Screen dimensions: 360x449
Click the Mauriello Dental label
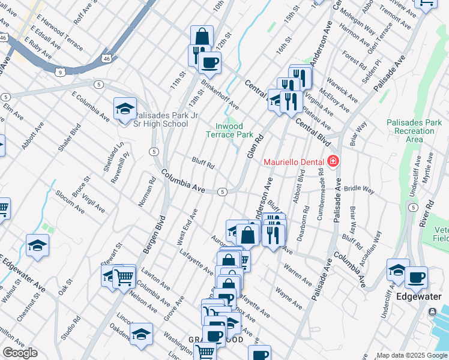pos(294,163)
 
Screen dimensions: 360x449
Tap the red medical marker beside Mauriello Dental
pos(333,162)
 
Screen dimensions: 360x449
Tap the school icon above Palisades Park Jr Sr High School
pos(125,109)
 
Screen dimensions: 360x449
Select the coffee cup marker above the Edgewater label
pos(416,278)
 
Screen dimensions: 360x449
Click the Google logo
pos(20,353)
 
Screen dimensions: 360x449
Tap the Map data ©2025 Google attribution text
pos(412,355)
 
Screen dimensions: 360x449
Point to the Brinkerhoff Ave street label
pos(220,95)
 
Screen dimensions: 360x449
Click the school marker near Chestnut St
pos(37,245)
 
